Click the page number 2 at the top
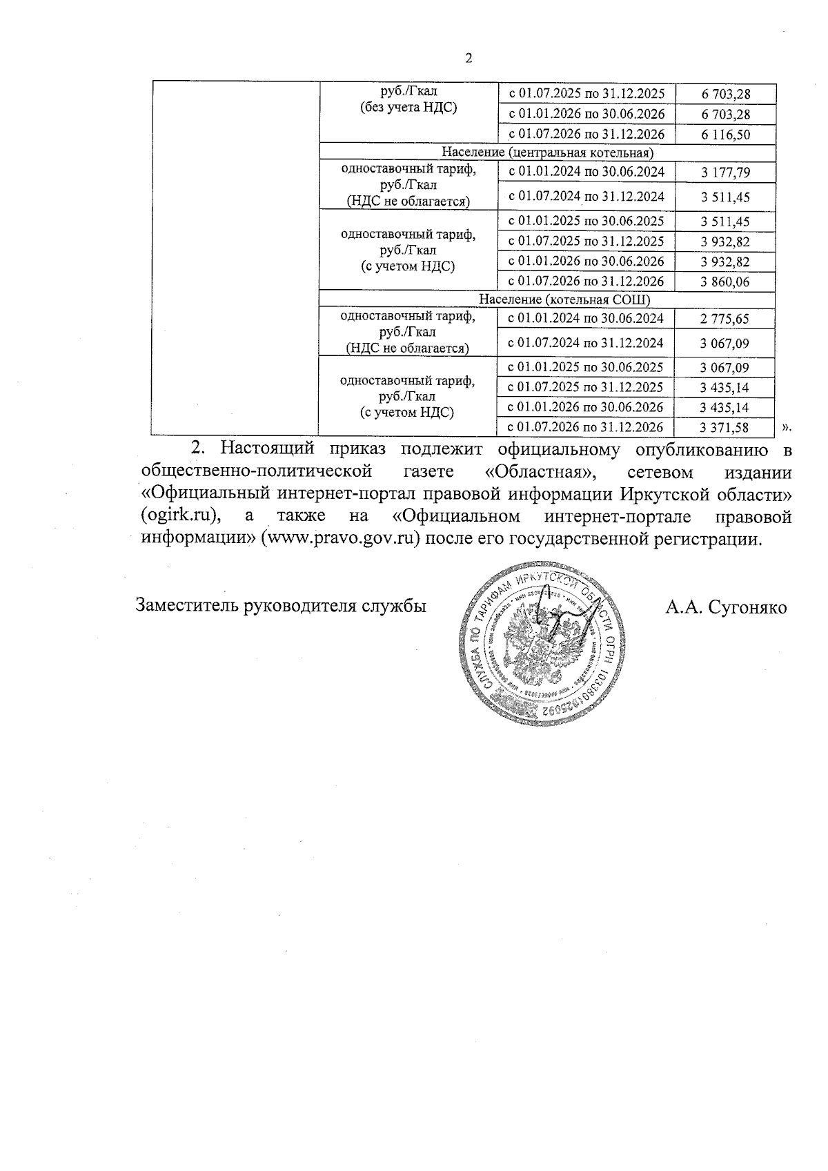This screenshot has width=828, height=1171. tap(469, 59)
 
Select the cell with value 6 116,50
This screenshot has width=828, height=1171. tap(725, 135)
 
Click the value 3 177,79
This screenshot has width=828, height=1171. tap(725, 172)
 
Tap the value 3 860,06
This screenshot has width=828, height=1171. tap(725, 282)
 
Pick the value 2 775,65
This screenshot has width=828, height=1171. tap(725, 319)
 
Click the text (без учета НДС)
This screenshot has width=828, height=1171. tap(408, 107)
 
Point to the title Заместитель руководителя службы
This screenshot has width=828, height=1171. tap(281, 606)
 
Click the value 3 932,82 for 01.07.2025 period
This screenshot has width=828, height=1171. tap(725, 242)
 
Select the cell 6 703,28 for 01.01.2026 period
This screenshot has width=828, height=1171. tap(725, 115)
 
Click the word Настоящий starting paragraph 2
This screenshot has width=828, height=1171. tap(268, 449)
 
